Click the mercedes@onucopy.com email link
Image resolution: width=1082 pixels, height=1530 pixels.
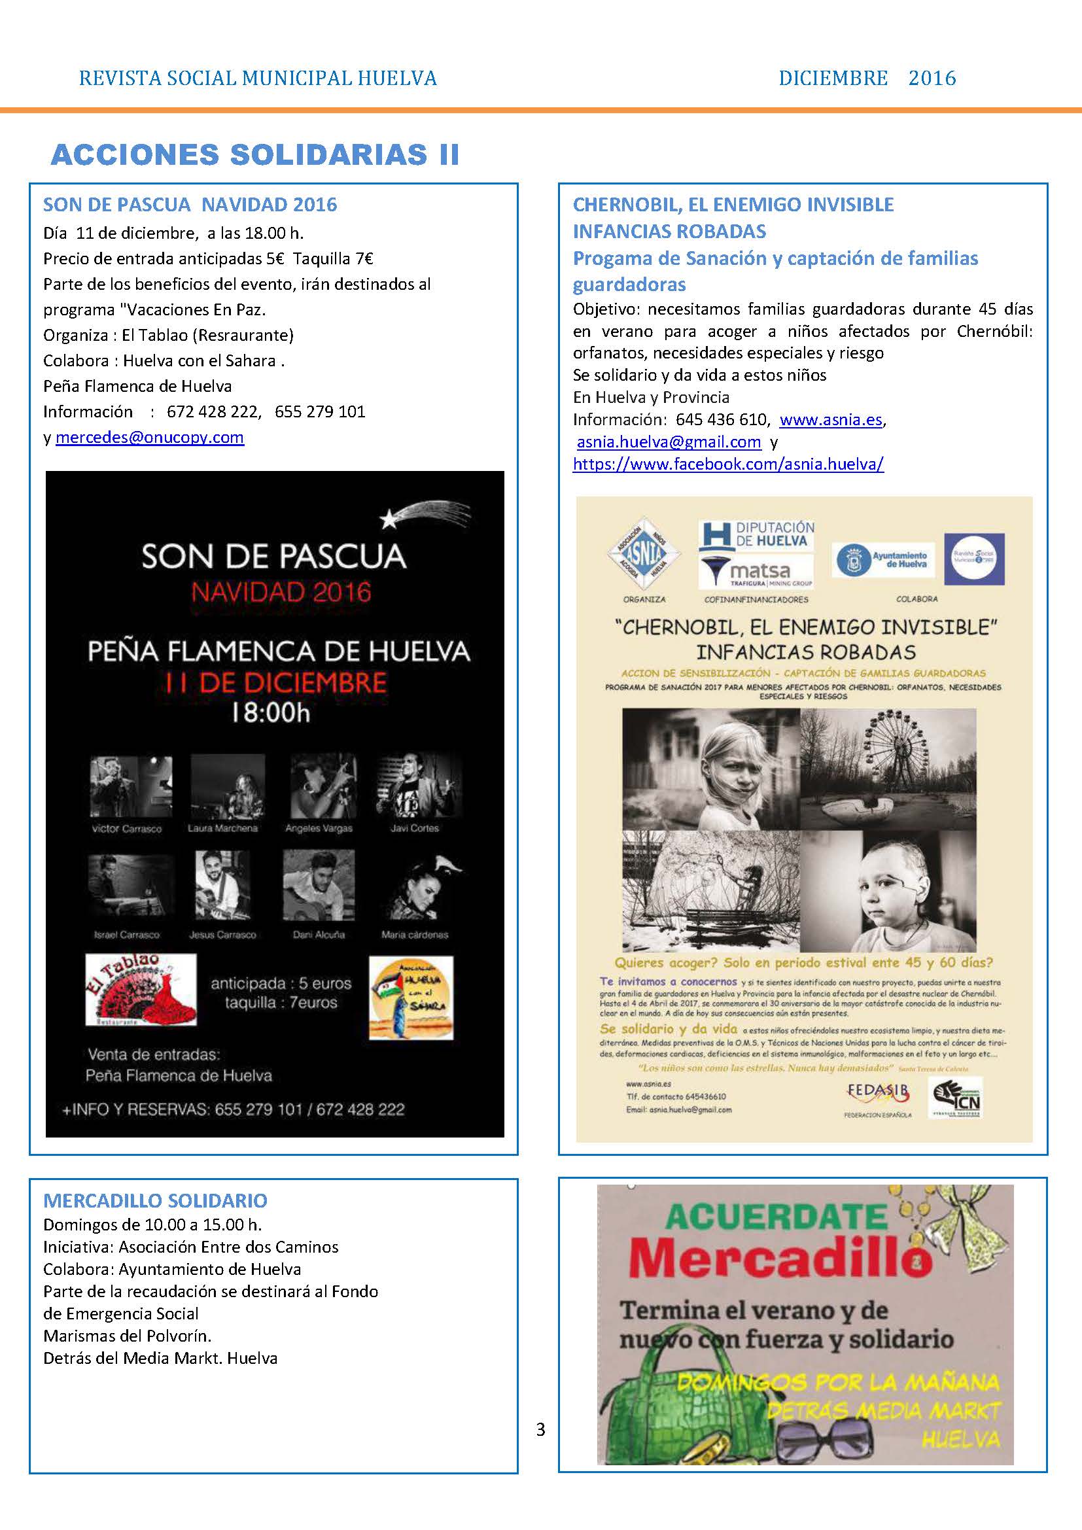150,438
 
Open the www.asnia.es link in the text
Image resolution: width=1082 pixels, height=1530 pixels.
830,420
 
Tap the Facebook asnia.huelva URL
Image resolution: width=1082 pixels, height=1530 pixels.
727,464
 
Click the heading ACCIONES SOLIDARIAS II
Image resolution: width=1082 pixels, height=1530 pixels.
254,154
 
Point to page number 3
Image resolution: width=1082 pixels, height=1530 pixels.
540,1429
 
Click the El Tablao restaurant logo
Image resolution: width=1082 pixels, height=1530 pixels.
141,990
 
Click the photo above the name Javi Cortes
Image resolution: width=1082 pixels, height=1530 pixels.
418,786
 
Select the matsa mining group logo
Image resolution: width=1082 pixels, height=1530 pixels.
756,572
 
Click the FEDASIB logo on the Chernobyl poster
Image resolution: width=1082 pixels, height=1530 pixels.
877,1094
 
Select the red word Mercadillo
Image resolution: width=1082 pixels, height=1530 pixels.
780,1260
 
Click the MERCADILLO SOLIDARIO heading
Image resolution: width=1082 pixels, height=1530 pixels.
155,1201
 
